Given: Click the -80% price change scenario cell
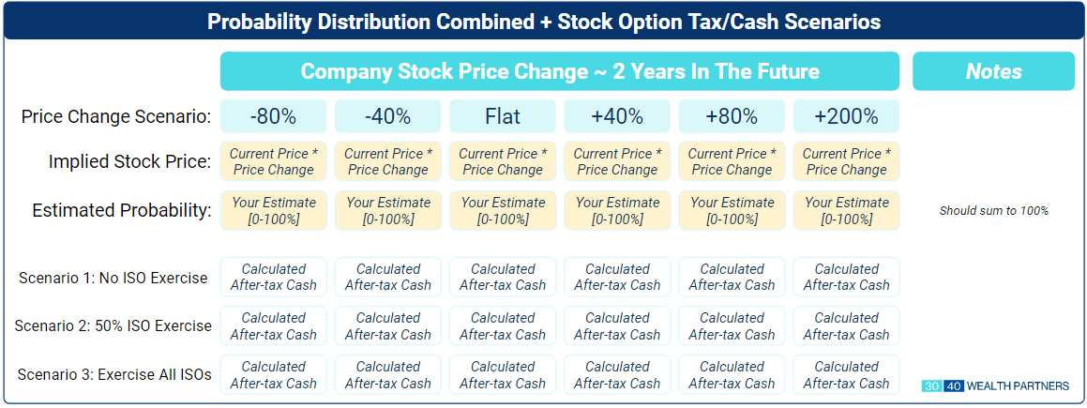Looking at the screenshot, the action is (273, 116).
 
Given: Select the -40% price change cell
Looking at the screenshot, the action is (387, 116).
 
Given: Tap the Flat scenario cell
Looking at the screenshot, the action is (503, 116).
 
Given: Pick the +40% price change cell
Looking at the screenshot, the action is (617, 116).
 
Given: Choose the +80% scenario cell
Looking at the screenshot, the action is (732, 116).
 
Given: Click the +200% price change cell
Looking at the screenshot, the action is (847, 116).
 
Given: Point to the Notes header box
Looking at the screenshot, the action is (993, 71).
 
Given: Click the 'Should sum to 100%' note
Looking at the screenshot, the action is (993, 211).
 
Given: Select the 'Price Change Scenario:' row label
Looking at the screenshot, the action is (116, 116).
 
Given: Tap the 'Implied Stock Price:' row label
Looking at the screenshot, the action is (129, 162).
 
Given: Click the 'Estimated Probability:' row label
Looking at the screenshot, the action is (122, 211).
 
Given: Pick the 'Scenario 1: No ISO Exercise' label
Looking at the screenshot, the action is (113, 278).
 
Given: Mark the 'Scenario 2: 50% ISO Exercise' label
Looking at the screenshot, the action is (113, 325).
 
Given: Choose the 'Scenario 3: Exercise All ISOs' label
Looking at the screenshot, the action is (114, 375).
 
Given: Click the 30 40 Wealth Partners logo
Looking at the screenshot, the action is (995, 385).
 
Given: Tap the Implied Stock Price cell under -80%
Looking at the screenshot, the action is (273, 161).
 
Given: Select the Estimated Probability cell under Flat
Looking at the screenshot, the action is (503, 211).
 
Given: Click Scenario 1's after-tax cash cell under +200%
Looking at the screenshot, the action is (847, 277).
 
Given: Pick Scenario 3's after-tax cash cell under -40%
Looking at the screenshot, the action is (387, 375).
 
